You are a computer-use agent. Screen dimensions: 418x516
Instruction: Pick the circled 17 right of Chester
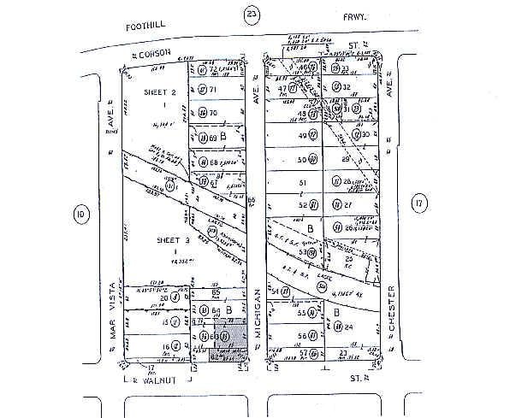[x=418, y=203]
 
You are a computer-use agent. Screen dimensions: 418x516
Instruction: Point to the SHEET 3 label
[x=174, y=241]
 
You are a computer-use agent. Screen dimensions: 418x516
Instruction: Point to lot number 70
[x=215, y=113]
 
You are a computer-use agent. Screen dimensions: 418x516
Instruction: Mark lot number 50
[x=301, y=160]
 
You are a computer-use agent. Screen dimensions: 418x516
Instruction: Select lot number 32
[x=347, y=87]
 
